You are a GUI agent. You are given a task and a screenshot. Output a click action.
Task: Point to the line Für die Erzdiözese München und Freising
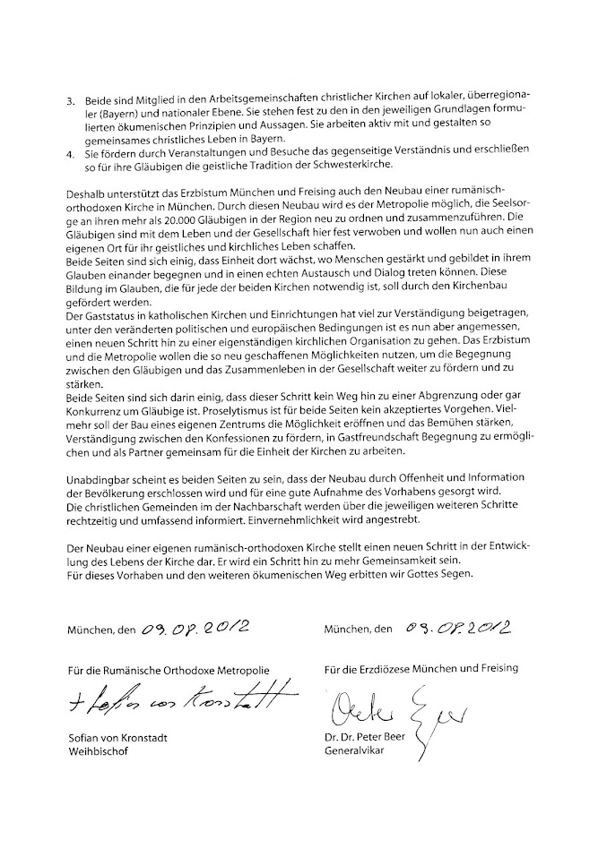(x=421, y=668)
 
